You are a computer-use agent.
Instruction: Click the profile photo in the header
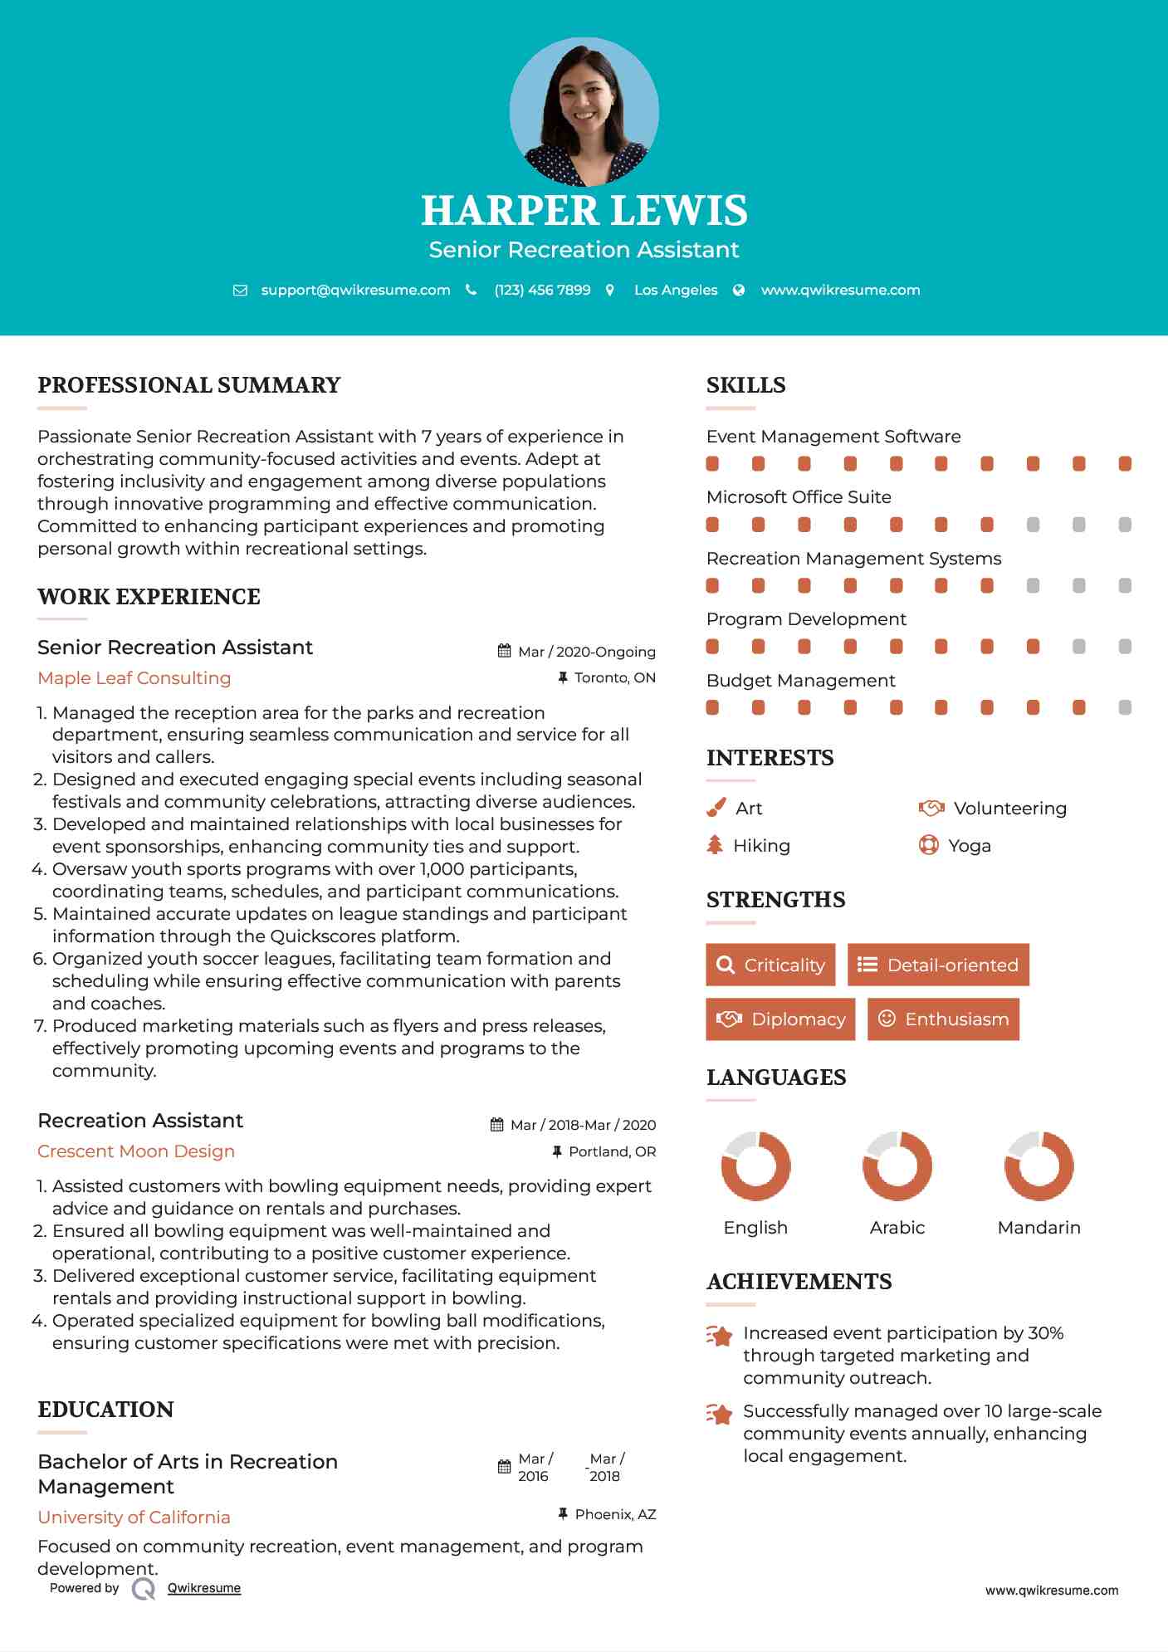click(x=584, y=112)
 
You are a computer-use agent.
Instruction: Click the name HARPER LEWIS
click(x=584, y=211)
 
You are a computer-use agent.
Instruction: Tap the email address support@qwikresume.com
click(x=355, y=291)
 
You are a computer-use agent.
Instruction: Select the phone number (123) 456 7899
click(x=542, y=291)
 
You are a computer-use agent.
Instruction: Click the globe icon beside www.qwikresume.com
click(x=739, y=291)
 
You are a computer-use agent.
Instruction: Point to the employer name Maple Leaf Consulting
click(x=134, y=678)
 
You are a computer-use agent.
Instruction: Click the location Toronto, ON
click(x=614, y=678)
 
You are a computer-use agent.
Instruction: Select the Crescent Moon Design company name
click(x=136, y=1151)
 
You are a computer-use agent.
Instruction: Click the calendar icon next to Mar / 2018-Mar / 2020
click(x=496, y=1125)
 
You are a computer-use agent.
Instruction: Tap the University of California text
click(x=134, y=1518)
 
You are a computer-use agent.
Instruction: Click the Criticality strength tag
click(x=770, y=965)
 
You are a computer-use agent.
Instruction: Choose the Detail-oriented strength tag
click(x=938, y=965)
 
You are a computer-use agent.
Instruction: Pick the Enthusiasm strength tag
click(x=943, y=1019)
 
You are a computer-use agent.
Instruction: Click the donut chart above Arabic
click(x=897, y=1166)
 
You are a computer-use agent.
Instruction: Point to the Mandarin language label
click(x=1038, y=1228)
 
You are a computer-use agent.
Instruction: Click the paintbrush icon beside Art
click(x=716, y=808)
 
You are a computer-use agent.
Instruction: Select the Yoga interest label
click(x=969, y=846)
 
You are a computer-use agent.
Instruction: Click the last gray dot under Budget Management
click(x=1125, y=707)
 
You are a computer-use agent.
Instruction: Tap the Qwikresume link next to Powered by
click(x=204, y=1588)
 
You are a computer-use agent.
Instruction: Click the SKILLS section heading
click(x=745, y=385)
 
